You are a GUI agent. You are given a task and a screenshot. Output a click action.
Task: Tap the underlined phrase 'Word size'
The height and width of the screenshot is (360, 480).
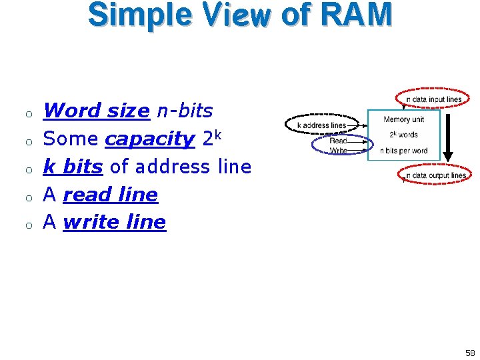coord(96,111)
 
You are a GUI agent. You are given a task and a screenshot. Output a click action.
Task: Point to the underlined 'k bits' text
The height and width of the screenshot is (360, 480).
coord(73,167)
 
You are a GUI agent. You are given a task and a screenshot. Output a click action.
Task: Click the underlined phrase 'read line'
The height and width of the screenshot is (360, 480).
coord(110,195)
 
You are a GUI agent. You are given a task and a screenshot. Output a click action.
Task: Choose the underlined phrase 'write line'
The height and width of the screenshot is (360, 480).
coord(114,222)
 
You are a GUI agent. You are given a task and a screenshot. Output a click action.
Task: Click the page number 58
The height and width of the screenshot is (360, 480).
coord(470,353)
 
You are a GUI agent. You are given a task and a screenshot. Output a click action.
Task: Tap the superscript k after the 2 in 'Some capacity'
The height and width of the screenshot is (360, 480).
coord(218,133)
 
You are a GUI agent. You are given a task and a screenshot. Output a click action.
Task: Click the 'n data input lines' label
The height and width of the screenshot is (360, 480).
coord(433,99)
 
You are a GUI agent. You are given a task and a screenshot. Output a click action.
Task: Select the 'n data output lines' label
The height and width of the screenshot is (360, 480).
coord(435,175)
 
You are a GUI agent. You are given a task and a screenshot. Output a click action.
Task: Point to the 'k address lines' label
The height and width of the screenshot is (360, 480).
coord(321,125)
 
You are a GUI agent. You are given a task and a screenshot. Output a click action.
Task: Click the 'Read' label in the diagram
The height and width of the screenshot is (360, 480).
coord(339,141)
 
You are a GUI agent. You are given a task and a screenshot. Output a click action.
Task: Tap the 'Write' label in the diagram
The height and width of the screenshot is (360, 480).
coord(339,151)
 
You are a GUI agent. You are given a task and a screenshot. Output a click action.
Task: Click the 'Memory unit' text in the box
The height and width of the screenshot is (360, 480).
coord(403,119)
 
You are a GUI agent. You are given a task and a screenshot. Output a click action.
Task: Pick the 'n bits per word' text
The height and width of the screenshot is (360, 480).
coord(404,150)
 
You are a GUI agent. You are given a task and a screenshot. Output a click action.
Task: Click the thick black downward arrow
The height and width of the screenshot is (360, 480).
coord(448,137)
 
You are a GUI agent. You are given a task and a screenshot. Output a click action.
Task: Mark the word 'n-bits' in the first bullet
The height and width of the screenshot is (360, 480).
coord(185,111)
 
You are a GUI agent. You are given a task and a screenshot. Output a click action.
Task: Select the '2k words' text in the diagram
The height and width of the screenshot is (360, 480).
coord(403,135)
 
